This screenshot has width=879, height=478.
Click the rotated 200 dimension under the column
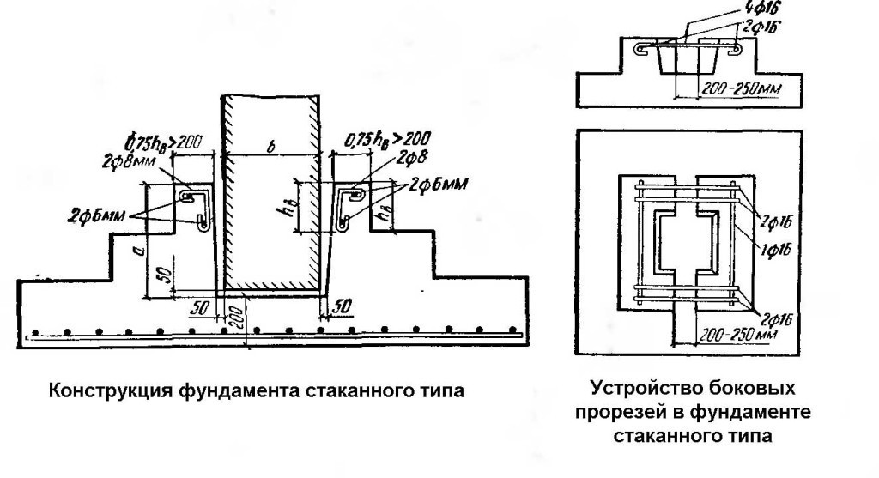pyautogui.click(x=233, y=318)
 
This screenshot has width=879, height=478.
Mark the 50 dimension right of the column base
pyautogui.click(x=342, y=306)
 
